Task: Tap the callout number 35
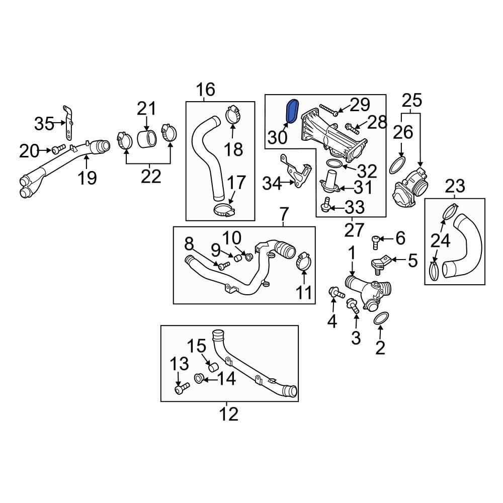coord(44,123)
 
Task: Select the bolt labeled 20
coord(57,148)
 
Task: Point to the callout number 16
coord(205,90)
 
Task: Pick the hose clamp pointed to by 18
coord(233,114)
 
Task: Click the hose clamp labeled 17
coord(223,210)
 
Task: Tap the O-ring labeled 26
coord(397,164)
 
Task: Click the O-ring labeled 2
coord(381,319)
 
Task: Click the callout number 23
coord(455,187)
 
